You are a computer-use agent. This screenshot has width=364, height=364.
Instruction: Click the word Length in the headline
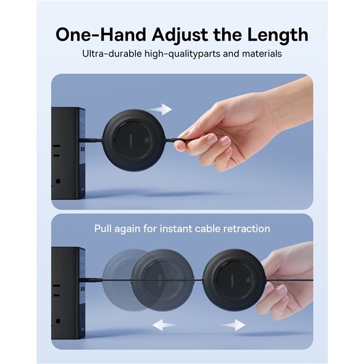274,33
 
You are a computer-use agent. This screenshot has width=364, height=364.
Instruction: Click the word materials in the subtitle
260,53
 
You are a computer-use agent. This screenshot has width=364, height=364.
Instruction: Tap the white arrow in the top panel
160,110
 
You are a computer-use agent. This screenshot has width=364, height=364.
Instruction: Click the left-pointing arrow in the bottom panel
164,325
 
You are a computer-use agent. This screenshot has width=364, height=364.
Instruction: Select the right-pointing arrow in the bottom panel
233,325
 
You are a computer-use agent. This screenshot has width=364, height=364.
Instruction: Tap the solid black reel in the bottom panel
234,279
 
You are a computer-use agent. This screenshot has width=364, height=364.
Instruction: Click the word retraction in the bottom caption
246,229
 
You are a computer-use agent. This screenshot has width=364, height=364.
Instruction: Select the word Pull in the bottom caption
104,229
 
